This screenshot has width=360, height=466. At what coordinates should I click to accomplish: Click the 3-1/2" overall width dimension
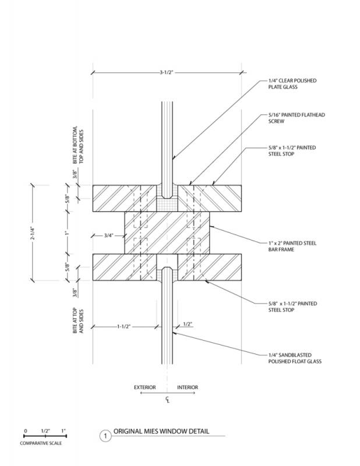click(166, 72)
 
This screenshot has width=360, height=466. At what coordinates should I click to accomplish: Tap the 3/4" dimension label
click(109, 236)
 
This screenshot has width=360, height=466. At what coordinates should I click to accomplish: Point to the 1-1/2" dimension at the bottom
click(123, 326)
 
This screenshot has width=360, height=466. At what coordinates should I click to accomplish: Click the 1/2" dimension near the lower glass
click(188, 324)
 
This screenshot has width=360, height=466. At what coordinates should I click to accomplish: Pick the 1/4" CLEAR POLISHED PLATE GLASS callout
click(292, 84)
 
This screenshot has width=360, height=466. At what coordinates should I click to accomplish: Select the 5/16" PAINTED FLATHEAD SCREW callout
click(297, 118)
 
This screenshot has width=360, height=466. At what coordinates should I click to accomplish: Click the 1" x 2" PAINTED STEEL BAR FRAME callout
click(292, 246)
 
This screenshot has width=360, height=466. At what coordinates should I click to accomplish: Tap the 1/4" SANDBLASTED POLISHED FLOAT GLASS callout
click(295, 358)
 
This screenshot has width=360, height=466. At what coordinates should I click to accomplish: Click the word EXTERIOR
click(145, 387)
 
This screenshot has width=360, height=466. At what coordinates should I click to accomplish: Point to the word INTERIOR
click(188, 387)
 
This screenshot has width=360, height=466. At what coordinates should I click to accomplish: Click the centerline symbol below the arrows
click(168, 400)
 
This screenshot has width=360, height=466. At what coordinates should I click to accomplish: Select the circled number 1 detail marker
click(105, 436)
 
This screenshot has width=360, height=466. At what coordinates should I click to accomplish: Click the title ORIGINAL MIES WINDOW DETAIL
click(161, 431)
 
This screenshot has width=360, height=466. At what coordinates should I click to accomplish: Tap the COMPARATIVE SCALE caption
click(41, 443)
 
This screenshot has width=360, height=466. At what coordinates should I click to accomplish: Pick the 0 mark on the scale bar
click(26, 430)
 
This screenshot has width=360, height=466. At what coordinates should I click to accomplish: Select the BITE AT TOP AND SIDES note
click(78, 320)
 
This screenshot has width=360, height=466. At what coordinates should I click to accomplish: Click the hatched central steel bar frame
click(167, 232)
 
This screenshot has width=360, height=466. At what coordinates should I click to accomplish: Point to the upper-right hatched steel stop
click(210, 198)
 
